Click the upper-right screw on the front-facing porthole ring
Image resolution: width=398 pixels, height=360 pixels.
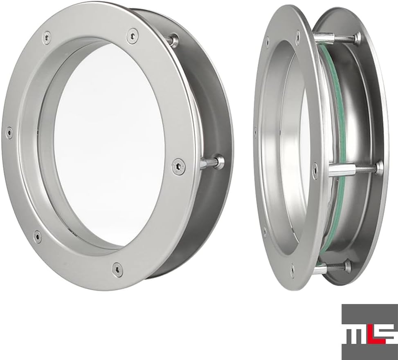click(133, 36)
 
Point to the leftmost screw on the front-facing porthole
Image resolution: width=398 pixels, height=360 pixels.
click(9, 132)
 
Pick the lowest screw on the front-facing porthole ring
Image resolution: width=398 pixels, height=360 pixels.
click(117, 270)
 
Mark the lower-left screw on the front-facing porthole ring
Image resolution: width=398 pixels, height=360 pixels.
click(38, 236)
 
